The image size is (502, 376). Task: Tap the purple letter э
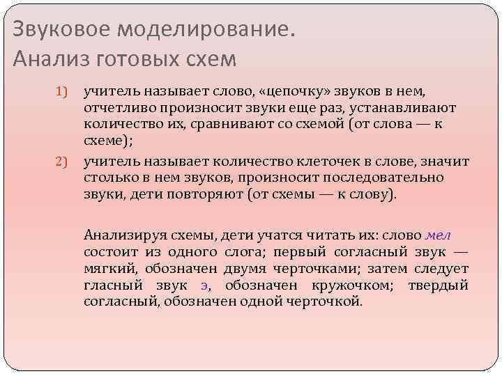(204, 285)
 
